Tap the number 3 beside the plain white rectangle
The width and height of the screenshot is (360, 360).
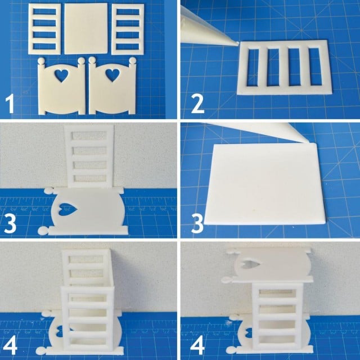coord(195,222)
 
